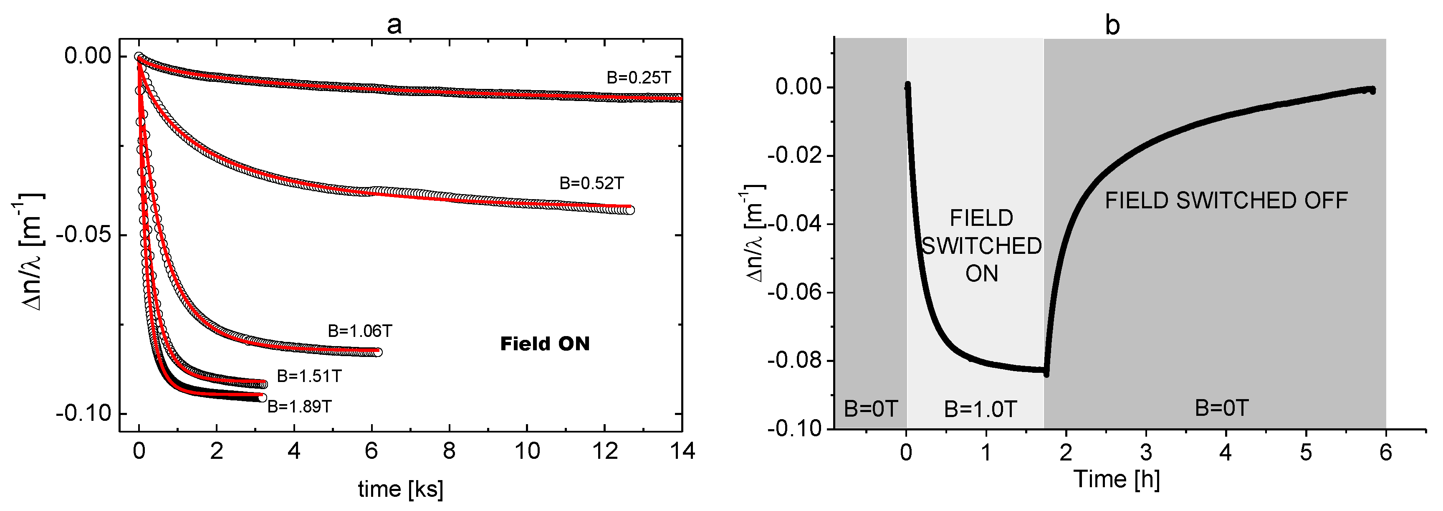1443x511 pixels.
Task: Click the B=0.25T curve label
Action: pyautogui.click(x=639, y=78)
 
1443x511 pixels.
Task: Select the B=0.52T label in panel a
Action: pyautogui.click(x=591, y=183)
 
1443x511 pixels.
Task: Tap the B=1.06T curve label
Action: pyautogui.click(x=360, y=331)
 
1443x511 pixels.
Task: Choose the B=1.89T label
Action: pyautogui.click(x=299, y=406)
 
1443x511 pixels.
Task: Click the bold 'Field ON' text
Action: pyautogui.click(x=544, y=344)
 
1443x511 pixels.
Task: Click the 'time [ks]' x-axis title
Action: pyautogui.click(x=401, y=489)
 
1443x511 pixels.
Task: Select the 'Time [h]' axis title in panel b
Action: pyautogui.click(x=1117, y=480)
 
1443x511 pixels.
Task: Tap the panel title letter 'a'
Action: pyautogui.click(x=394, y=25)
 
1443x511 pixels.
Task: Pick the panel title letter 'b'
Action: pyautogui.click(x=1112, y=25)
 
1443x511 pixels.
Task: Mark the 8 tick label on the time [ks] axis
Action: pyautogui.click(x=449, y=451)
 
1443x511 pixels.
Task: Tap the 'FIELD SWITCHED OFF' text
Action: pyautogui.click(x=1226, y=200)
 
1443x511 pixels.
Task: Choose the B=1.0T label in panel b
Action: pyautogui.click(x=981, y=409)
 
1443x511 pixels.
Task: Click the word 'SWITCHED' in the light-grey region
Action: pyautogui.click(x=981, y=246)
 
